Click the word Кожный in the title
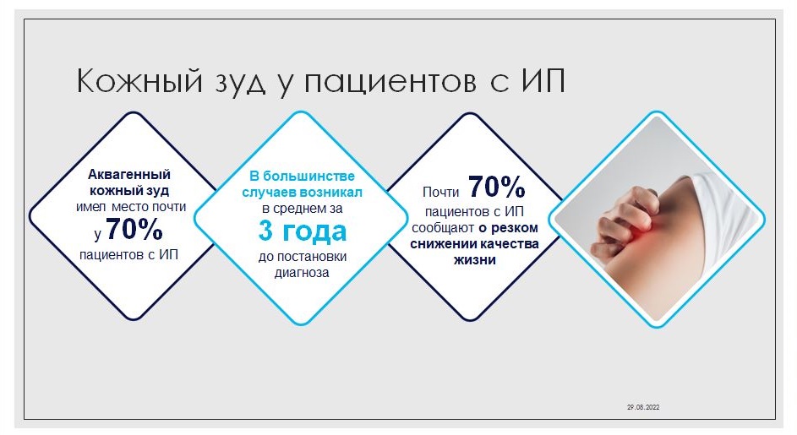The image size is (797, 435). pos(139,81)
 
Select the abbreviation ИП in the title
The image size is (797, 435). pos(543,81)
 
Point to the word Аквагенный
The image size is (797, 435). pos(129,174)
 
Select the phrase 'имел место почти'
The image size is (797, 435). pos(131,207)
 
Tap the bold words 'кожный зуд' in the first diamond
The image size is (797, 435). pos(129,191)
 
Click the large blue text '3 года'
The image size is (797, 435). pos(303,231)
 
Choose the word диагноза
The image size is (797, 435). pos(302,272)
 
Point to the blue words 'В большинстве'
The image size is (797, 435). pos(302,176)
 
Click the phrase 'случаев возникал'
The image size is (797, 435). pos(302,192)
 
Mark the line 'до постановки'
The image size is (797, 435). pos(303,256)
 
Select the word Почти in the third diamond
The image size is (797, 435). pos(440,192)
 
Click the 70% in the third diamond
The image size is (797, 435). pos(497,187)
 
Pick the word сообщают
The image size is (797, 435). pos(443,228)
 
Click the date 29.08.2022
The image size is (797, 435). pos(643,407)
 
